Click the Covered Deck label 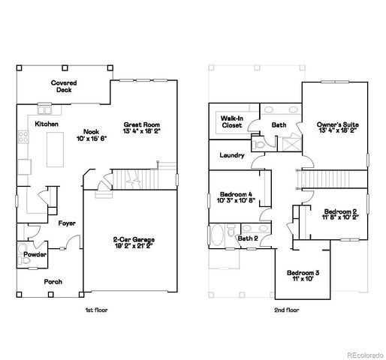pos(63,85)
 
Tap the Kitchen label pos(47,124)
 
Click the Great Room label pos(141,124)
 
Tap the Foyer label pos(66,223)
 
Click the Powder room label pos(35,255)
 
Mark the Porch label pos(53,281)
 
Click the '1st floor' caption pos(98,308)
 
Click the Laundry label pos(232,155)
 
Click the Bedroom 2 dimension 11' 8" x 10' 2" pos(341,219)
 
